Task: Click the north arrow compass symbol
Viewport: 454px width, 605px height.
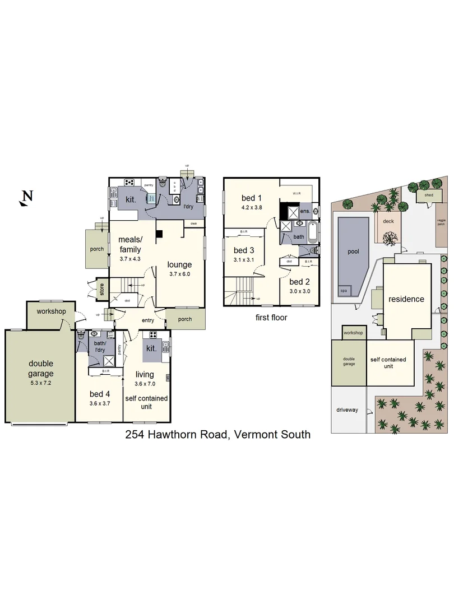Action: click(26, 197)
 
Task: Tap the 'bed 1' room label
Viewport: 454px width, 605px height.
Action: click(252, 198)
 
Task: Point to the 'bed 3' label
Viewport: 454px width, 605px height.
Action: click(244, 250)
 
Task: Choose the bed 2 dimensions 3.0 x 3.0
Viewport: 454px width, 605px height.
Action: click(299, 291)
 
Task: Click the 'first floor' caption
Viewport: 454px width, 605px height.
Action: click(271, 317)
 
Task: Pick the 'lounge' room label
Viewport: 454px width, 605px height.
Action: click(179, 264)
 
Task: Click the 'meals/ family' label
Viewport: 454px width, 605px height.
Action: click(129, 244)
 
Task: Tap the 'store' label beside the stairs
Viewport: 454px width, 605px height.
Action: click(102, 289)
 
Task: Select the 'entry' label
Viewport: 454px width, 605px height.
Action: click(148, 320)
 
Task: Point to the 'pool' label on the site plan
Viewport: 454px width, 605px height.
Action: click(353, 252)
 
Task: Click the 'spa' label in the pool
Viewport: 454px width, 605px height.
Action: click(343, 291)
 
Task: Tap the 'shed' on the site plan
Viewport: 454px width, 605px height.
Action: click(429, 195)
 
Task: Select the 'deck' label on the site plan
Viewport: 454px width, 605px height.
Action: click(388, 221)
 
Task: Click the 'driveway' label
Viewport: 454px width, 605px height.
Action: click(347, 410)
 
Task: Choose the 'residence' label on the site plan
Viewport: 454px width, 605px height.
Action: click(406, 299)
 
